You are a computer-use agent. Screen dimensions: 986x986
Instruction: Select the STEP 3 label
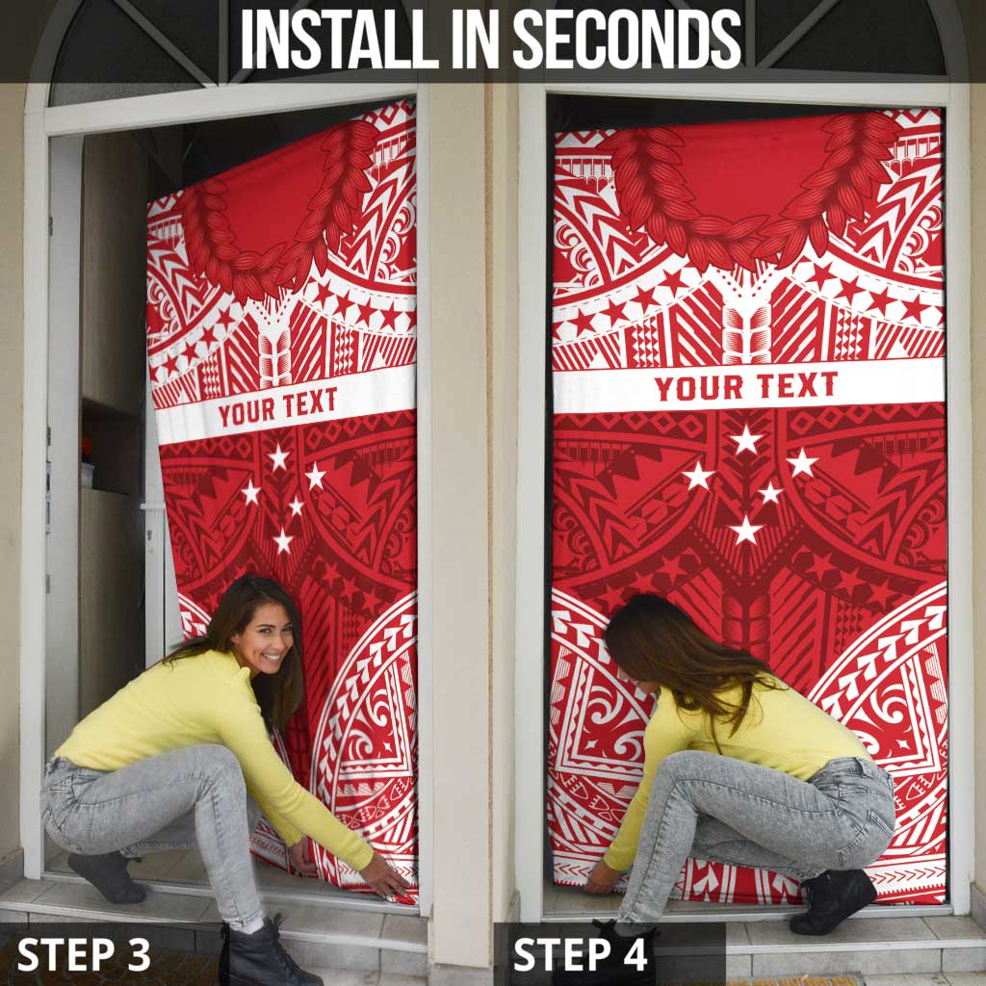(x=84, y=954)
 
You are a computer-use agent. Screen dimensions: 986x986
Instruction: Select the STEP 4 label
(x=580, y=954)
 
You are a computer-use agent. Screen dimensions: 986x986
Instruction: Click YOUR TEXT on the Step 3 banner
(x=277, y=407)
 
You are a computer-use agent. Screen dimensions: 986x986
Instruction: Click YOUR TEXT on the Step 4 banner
(x=746, y=387)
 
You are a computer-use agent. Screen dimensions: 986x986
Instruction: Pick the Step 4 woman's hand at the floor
(x=603, y=878)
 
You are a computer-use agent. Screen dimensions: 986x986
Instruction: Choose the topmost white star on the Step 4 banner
(x=745, y=440)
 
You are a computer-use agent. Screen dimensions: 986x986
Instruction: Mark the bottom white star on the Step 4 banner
(x=745, y=528)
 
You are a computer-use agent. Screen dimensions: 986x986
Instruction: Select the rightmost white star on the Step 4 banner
(x=801, y=463)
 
